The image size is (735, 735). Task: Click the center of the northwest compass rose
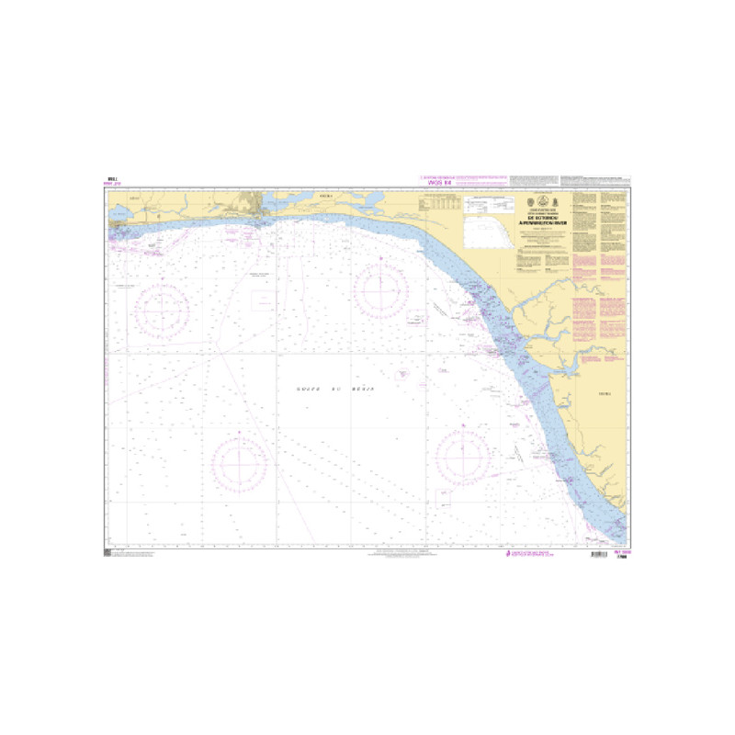click(x=162, y=310)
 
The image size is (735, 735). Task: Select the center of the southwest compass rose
click(x=239, y=462)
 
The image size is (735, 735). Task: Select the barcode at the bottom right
click(x=598, y=555)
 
